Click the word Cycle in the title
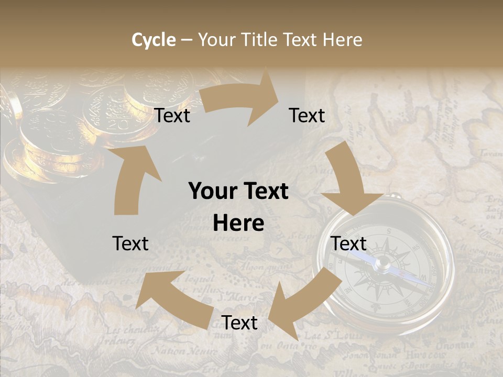(x=154, y=40)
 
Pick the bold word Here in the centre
(x=238, y=224)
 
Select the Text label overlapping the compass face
(x=349, y=243)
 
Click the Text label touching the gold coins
(x=172, y=116)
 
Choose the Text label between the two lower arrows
(x=239, y=323)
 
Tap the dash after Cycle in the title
(x=187, y=40)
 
